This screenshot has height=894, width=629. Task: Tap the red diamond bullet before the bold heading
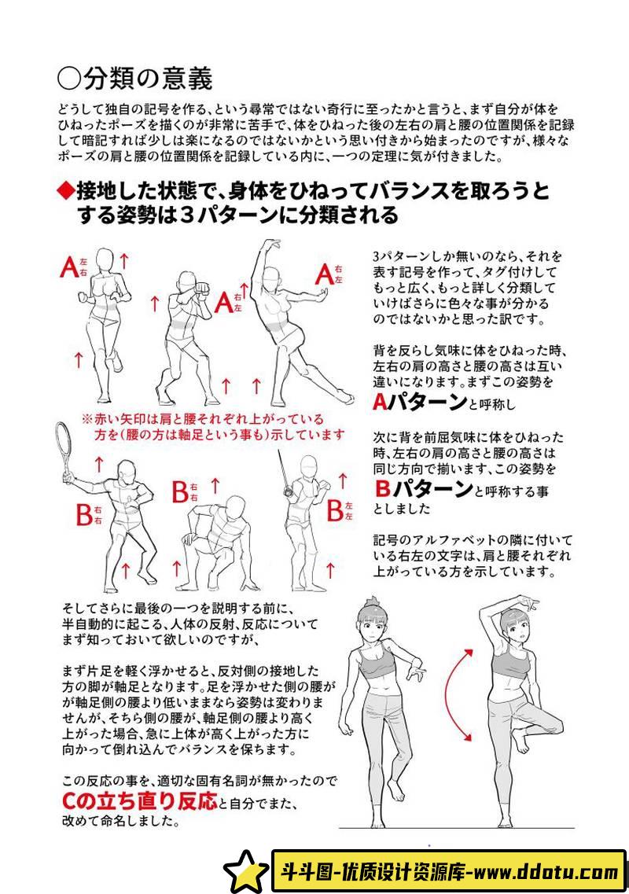pyautogui.click(x=66, y=191)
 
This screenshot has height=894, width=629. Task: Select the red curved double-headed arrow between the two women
pyautogui.click(x=451, y=694)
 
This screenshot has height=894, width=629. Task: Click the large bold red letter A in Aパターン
pyautogui.click(x=381, y=403)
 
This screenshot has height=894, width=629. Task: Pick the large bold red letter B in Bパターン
pyautogui.click(x=383, y=488)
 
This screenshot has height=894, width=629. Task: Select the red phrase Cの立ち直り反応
pyautogui.click(x=140, y=801)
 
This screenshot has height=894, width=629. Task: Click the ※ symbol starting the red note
pyautogui.click(x=87, y=419)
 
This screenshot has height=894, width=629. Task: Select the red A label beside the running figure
pyautogui.click(x=69, y=267)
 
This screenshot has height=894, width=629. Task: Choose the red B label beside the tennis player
pyautogui.click(x=84, y=515)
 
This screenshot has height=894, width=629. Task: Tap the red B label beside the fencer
pyautogui.click(x=335, y=510)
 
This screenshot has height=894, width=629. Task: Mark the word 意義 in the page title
pyautogui.click(x=188, y=79)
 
